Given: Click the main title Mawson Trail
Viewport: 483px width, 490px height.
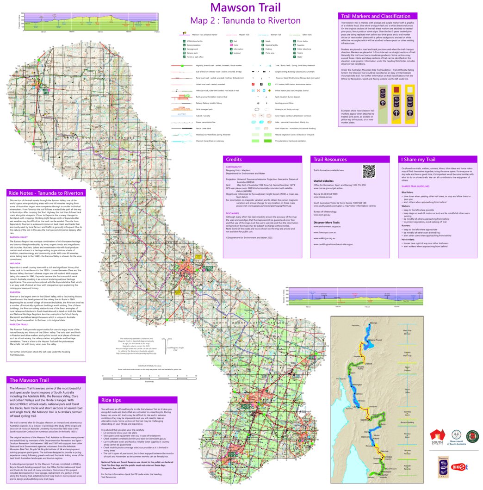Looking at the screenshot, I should pos(245,7).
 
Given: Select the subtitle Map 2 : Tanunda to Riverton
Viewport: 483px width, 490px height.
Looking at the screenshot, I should pos(245,21).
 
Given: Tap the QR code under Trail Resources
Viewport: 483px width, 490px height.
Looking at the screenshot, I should pos(368,171).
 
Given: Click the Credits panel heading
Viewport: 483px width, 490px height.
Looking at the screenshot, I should pos(233,159).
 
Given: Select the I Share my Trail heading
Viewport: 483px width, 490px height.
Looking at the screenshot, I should pos(418,159).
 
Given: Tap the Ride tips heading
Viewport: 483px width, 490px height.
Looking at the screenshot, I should pos(111,400).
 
